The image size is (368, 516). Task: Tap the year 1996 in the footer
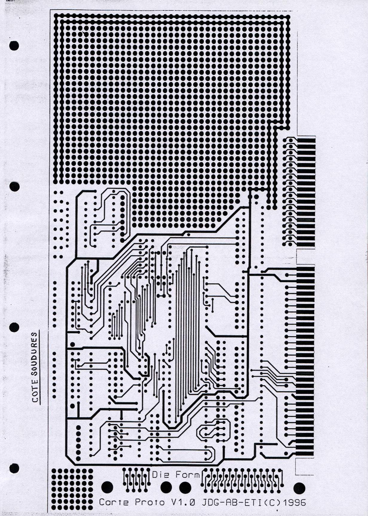(x=294, y=502)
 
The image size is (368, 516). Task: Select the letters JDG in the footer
(x=210, y=502)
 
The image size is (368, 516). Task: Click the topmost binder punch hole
(x=14, y=45)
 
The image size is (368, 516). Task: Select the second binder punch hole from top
(x=14, y=186)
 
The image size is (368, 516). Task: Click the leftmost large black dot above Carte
(x=107, y=487)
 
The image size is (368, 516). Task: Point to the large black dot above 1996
(x=300, y=488)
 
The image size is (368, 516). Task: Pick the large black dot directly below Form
(x=185, y=487)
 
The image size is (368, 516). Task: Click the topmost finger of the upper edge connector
(x=306, y=139)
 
